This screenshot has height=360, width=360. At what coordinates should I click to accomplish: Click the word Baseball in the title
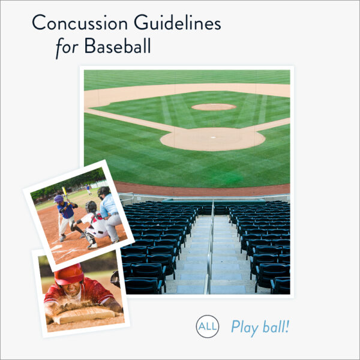coord(118,46)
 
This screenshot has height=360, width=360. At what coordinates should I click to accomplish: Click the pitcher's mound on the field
coord(214,107)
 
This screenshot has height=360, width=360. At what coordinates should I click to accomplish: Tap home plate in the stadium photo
coord(212,137)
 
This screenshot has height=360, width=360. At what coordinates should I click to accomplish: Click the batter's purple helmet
coord(59,199)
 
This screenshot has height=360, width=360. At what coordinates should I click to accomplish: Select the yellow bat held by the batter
coord(64,193)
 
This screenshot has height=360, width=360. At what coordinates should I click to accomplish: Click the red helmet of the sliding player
coord(69,274)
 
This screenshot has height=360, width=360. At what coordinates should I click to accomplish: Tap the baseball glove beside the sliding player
coord(115,278)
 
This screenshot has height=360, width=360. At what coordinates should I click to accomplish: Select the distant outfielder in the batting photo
coord(89,188)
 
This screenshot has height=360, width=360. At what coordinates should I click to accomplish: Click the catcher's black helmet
coord(91,206)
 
